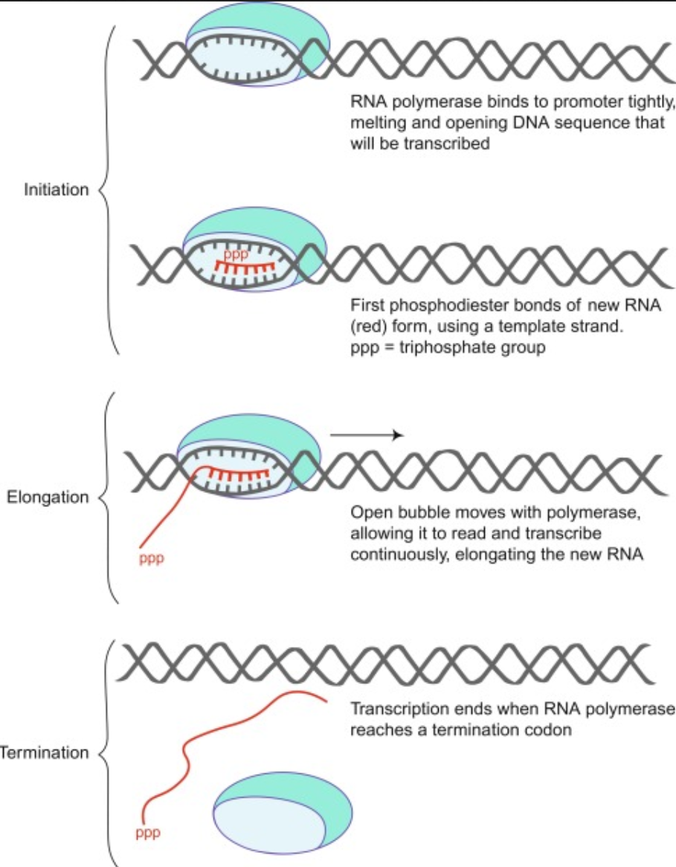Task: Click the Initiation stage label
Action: tap(56, 190)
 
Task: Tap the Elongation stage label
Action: tap(48, 497)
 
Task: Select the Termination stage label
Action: tap(45, 752)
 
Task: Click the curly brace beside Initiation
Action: tap(106, 190)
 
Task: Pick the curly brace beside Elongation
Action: tap(106, 497)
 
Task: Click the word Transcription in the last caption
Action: tap(391, 709)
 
